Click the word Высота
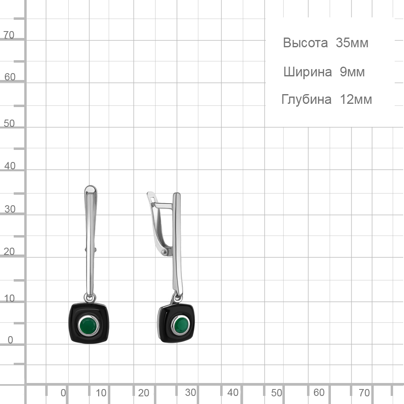[305, 43]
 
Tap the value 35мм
[352, 43]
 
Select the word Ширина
[307, 72]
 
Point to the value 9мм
[352, 72]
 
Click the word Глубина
[306, 99]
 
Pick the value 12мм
[356, 99]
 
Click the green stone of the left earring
[88, 326]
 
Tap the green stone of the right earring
[181, 325]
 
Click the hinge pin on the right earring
[164, 251]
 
